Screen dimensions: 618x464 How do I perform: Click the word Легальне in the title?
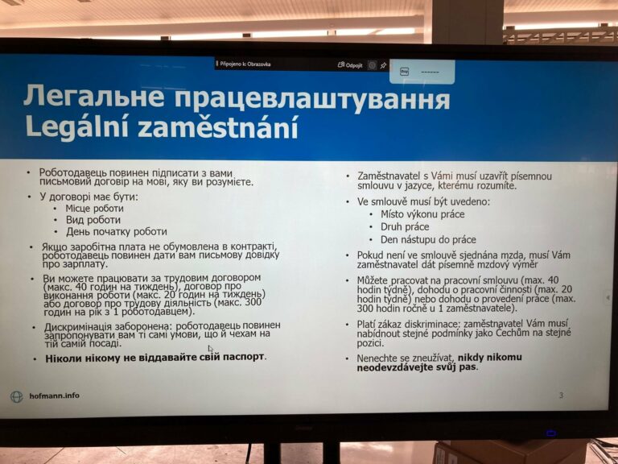coord(94,96)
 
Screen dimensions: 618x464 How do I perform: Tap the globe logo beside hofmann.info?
coord(17,396)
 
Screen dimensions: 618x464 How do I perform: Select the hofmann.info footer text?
coord(55,396)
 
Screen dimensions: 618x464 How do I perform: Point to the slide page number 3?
coord(561,395)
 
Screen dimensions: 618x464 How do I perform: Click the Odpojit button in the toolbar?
coord(350,65)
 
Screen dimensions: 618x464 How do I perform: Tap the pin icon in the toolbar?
coord(383,65)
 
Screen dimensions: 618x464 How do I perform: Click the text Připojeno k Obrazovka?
coord(245,64)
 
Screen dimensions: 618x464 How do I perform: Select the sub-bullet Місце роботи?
coord(95,209)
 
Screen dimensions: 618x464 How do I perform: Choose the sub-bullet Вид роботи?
coord(93,220)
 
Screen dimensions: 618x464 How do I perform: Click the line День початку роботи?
coord(116,232)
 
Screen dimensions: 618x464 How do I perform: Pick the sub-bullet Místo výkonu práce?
coord(422,214)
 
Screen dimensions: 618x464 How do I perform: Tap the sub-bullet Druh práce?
coord(405,227)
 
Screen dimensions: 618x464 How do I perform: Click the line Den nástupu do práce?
coord(428,240)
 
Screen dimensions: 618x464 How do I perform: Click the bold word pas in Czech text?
coord(468,367)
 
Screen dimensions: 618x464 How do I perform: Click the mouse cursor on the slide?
coord(211,349)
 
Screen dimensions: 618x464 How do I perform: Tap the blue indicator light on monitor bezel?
coord(551,433)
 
